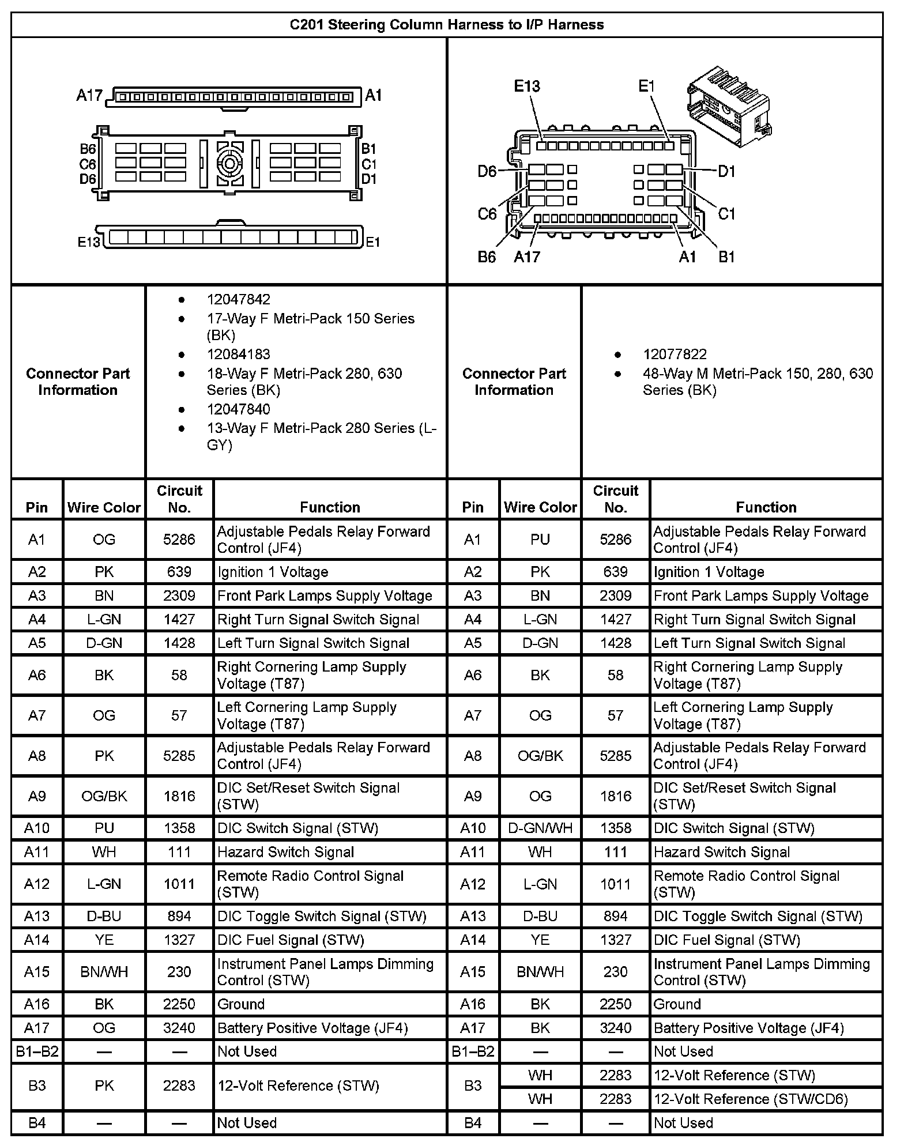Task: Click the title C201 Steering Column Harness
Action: click(446, 25)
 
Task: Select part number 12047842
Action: click(238, 299)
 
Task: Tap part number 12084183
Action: click(238, 354)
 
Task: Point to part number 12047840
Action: click(238, 409)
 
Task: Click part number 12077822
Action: click(675, 354)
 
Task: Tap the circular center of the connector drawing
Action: click(229, 164)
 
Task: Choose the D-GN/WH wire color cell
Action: click(540, 828)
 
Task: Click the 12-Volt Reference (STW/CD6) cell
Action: click(750, 1099)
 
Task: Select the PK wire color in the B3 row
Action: click(104, 1086)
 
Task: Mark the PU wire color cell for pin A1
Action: click(540, 540)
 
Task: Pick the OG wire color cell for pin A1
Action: click(104, 540)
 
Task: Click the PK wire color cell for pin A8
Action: click(104, 756)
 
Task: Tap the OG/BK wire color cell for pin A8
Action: click(540, 756)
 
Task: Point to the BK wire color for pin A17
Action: click(540, 1028)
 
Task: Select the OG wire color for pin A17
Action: click(104, 1028)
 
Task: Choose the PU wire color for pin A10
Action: click(104, 828)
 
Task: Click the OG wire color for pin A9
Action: click(540, 796)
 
